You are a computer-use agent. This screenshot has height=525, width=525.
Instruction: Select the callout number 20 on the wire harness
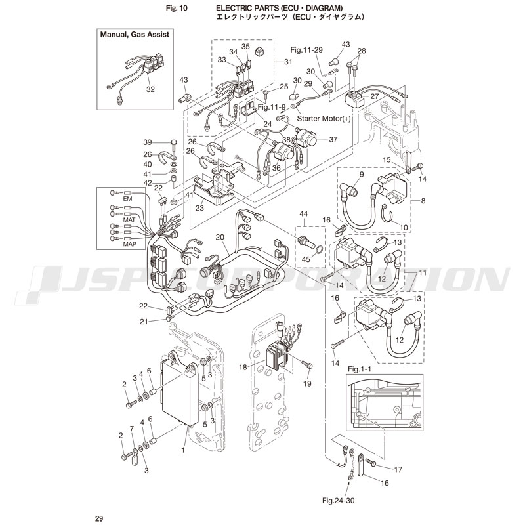click(x=220, y=238)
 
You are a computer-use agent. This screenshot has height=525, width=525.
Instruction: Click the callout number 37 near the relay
click(x=333, y=139)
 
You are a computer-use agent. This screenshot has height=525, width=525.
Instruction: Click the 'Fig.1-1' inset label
click(x=360, y=369)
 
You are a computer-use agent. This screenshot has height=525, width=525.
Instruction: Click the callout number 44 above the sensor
click(x=303, y=215)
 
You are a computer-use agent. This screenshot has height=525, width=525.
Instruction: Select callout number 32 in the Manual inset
click(x=150, y=89)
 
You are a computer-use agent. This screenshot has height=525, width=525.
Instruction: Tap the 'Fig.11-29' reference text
click(x=307, y=50)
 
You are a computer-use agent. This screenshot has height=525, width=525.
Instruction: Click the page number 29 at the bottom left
click(x=98, y=519)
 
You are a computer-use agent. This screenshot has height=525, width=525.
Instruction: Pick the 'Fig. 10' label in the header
click(x=169, y=8)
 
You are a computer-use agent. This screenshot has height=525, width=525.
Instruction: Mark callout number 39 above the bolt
click(x=148, y=142)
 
